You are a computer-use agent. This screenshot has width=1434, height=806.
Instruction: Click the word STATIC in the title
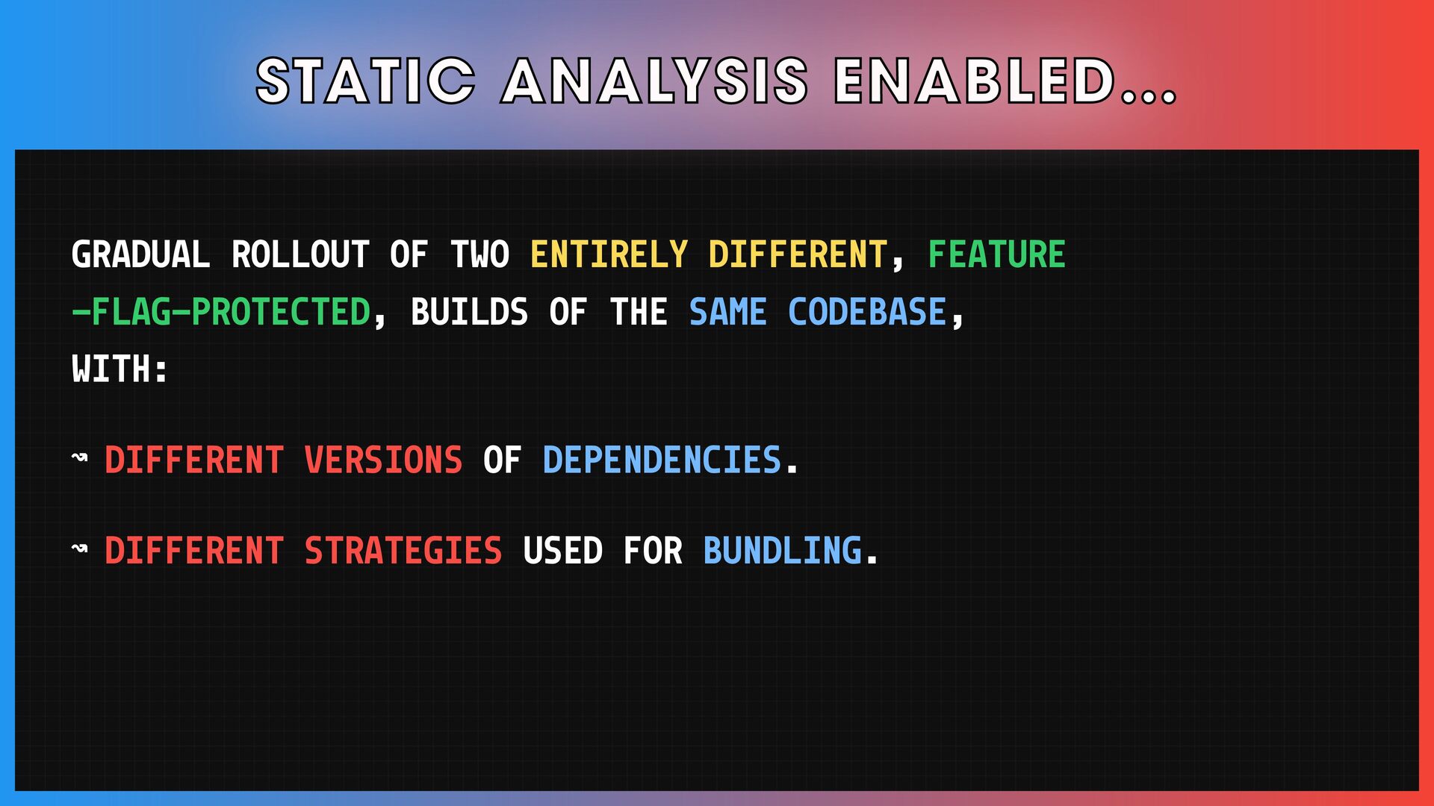click(366, 81)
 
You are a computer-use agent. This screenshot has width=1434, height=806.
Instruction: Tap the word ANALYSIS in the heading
click(655, 81)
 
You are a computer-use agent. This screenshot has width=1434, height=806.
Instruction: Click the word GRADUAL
click(140, 254)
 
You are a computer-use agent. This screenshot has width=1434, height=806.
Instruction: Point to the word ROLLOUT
click(300, 254)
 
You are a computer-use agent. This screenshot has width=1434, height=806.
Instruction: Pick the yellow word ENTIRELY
click(609, 254)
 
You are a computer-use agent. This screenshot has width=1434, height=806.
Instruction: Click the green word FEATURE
click(996, 254)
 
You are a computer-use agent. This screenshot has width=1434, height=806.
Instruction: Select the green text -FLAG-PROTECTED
click(221, 312)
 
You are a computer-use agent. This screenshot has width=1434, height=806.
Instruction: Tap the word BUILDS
click(469, 312)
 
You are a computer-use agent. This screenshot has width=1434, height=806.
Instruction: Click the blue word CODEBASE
click(867, 312)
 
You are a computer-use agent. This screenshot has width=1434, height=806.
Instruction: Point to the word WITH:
click(119, 369)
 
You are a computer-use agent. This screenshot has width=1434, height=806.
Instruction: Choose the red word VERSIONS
click(383, 460)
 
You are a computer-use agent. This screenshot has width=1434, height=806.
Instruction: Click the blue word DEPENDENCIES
click(662, 460)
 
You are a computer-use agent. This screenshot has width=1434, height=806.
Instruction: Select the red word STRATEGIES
click(403, 551)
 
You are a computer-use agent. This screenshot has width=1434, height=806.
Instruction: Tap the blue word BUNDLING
click(782, 551)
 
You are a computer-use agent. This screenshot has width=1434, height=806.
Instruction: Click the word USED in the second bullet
click(562, 551)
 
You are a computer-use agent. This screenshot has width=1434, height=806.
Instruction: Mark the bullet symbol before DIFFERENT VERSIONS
click(79, 457)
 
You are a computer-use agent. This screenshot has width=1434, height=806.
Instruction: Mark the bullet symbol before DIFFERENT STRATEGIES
click(79, 549)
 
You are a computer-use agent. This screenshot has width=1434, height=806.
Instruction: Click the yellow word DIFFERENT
click(798, 254)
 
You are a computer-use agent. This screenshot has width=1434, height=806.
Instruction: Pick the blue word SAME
click(727, 312)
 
